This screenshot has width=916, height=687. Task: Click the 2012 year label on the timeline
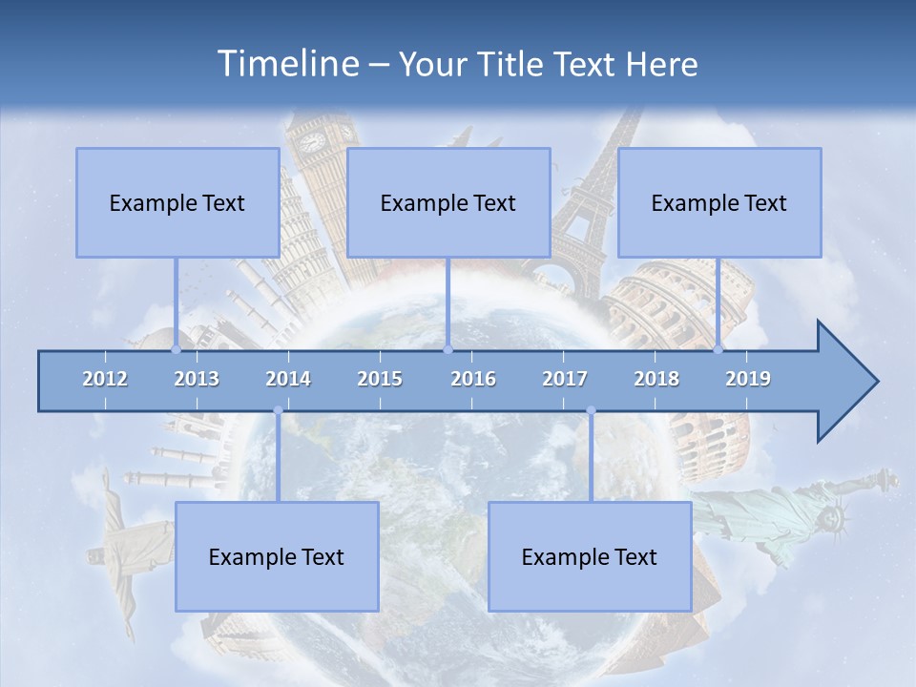coord(105,379)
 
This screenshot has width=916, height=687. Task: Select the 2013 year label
coord(197,379)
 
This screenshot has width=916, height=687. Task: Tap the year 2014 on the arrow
coord(288,379)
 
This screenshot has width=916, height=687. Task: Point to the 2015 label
coord(380,379)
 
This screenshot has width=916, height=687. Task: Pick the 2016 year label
coord(473,379)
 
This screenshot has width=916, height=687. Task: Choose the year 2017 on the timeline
coord(565,379)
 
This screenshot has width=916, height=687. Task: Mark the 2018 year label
coord(656,379)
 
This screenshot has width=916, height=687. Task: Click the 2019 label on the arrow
coord(748,379)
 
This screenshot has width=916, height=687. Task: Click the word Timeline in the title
coord(286,64)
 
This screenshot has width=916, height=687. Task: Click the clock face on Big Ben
coord(311,142)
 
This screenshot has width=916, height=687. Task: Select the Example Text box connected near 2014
coord(277,556)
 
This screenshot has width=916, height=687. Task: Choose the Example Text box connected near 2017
coord(590,556)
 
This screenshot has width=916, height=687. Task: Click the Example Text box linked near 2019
coord(719,202)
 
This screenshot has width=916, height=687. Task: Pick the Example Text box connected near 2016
coord(448,202)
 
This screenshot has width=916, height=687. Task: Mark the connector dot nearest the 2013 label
coord(176,349)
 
